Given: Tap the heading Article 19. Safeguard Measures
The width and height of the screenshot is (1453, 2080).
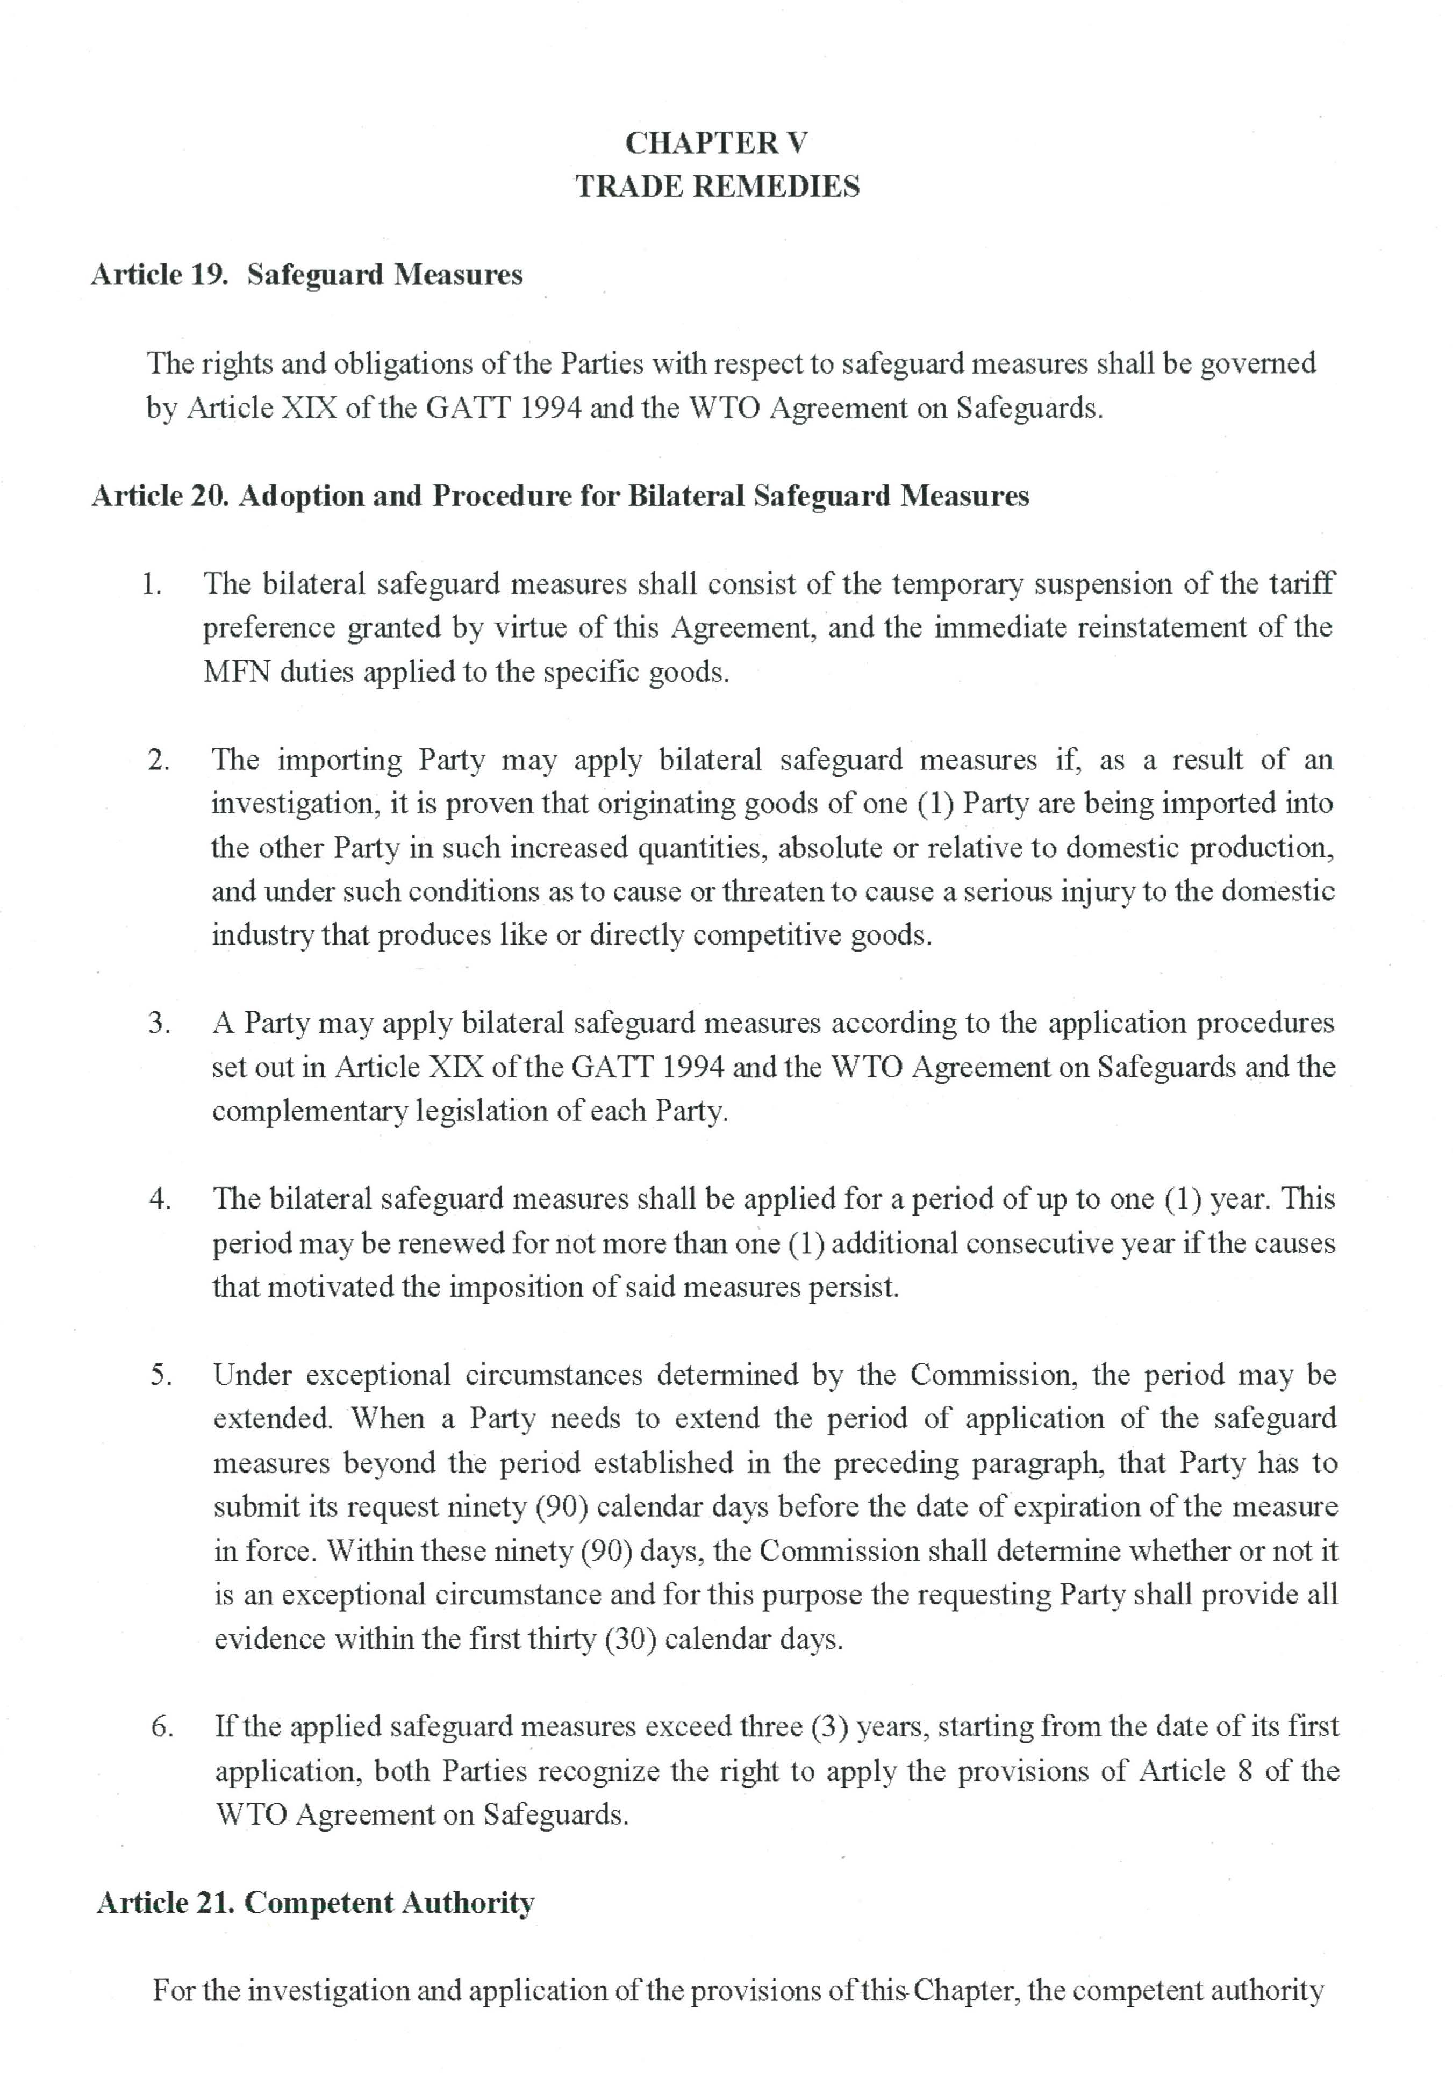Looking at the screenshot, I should [x=306, y=275].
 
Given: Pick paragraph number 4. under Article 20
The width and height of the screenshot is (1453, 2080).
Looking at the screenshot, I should [x=160, y=1198].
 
